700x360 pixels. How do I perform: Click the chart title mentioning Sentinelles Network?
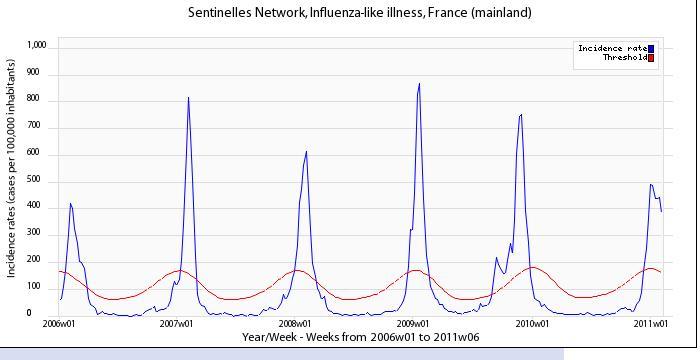[x=359, y=12]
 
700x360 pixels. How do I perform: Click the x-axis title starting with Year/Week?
[x=360, y=337]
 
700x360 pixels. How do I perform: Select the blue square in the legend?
[x=651, y=49]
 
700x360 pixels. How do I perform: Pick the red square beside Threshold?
[x=651, y=58]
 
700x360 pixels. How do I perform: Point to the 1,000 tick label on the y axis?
[x=36, y=45]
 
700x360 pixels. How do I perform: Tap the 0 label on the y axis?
[x=29, y=313]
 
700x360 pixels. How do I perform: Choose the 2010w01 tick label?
[x=532, y=323]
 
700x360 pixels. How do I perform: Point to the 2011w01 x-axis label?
[x=651, y=323]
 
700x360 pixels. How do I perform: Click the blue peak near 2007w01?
[x=188, y=97]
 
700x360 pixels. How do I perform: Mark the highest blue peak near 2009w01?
[x=419, y=84]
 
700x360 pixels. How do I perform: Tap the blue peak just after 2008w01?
[x=306, y=151]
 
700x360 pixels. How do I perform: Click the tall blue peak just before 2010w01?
[x=521, y=114]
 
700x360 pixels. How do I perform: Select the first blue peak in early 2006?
[x=70, y=203]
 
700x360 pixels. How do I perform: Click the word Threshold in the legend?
[x=625, y=58]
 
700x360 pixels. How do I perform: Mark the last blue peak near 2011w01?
[x=651, y=184]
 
